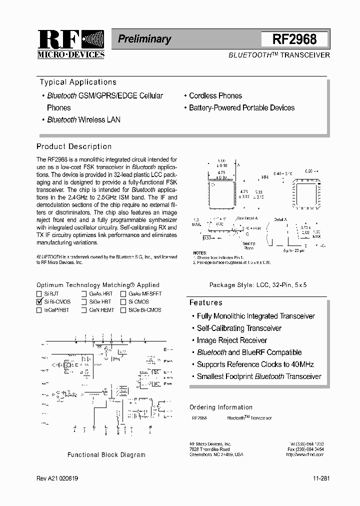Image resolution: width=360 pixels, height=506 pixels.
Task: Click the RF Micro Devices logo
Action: [x=70, y=44]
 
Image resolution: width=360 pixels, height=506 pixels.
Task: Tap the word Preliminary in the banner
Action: [x=144, y=39]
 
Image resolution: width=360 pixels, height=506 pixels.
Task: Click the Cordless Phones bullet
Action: [x=215, y=95]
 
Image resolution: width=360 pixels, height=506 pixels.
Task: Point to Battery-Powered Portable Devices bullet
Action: [x=241, y=107]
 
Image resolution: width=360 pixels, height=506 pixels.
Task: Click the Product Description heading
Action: [x=74, y=146]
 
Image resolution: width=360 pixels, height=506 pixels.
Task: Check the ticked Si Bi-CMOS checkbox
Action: [x=39, y=302]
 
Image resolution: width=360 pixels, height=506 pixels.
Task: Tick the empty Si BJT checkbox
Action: [x=39, y=294]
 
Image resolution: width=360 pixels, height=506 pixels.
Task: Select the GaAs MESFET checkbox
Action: [x=123, y=294]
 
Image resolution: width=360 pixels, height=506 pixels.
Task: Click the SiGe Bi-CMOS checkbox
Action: [x=123, y=310]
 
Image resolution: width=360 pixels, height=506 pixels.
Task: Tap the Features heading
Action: [x=205, y=302]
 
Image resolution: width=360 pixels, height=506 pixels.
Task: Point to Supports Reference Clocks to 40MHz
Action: [x=255, y=364]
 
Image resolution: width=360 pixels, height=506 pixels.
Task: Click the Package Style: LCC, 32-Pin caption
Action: [x=257, y=284]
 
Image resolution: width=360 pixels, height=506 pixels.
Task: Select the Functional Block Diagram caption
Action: [x=106, y=455]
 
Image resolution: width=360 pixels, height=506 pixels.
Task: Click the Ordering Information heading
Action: [x=220, y=407]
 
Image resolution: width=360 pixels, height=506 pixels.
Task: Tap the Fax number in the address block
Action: [x=305, y=449]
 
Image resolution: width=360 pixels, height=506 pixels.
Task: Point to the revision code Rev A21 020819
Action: [x=57, y=478]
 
